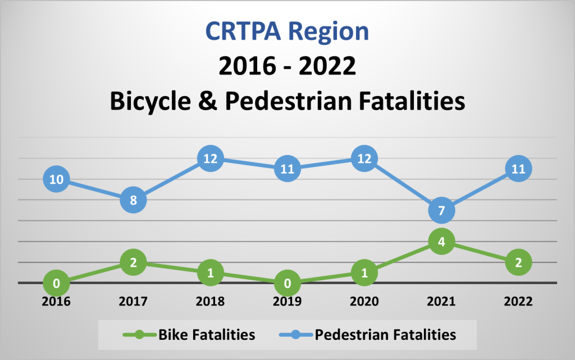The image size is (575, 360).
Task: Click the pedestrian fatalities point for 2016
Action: coord(56,180)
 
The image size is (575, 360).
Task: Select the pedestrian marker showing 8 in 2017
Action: coord(134,200)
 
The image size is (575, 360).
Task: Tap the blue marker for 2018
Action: coord(210,159)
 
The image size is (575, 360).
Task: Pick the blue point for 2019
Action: coord(287,169)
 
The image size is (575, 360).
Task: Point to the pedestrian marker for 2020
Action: coord(364,159)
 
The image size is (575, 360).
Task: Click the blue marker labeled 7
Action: coord(441,211)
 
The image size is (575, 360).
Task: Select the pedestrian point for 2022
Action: coord(518,169)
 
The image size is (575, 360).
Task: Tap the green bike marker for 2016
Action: coord(56,283)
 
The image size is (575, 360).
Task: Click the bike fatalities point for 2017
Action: coord(134,262)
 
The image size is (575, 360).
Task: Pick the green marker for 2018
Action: coord(210,273)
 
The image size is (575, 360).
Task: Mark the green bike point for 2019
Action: coord(287,283)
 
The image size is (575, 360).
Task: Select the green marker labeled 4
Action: coord(441,242)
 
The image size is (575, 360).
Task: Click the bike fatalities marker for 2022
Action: coord(518,262)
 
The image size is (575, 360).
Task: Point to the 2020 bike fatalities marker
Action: coord(364,273)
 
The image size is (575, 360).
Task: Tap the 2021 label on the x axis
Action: coord(441,302)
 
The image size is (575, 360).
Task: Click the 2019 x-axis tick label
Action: coord(287,302)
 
